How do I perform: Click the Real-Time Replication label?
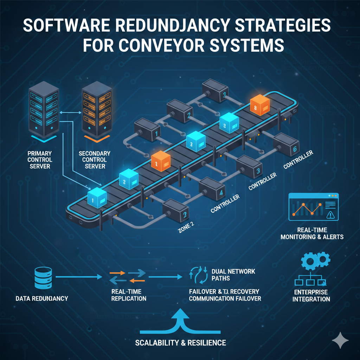pyautogui.click(x=128, y=295)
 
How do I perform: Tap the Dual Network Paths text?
pyautogui.click(x=233, y=275)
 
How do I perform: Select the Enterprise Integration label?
pyautogui.click(x=311, y=296)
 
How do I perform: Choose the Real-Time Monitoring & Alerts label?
pyautogui.click(x=312, y=233)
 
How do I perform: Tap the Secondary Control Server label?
pyautogui.click(x=95, y=159)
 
